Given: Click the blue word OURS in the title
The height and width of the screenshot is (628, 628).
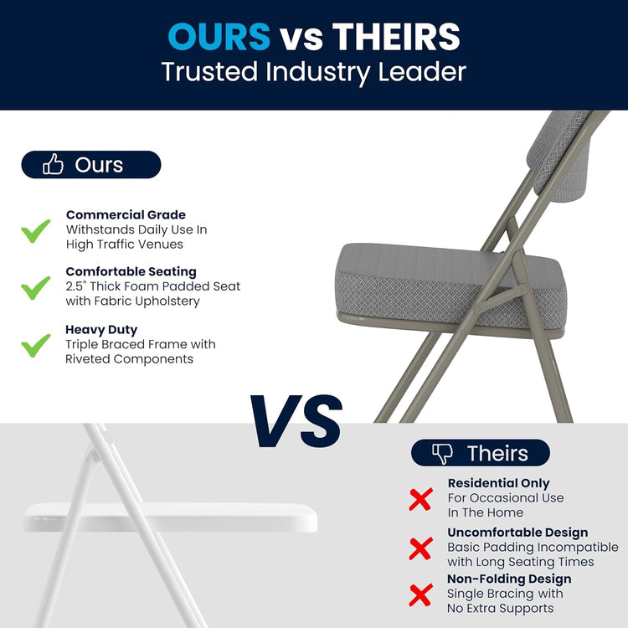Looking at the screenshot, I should click(x=219, y=36).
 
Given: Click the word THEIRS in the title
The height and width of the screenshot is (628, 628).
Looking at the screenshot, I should click(x=396, y=36).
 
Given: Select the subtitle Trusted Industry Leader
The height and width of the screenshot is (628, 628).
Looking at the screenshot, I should click(x=313, y=72).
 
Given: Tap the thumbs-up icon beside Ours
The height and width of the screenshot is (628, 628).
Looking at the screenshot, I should click(x=53, y=165).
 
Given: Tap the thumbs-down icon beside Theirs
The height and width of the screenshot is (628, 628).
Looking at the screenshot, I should click(x=441, y=454).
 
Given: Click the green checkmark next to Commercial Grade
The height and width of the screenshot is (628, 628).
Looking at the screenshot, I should click(x=36, y=230).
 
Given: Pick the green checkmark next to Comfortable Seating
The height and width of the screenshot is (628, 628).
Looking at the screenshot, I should click(x=36, y=287).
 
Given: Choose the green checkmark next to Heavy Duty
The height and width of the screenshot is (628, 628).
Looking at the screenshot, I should click(x=36, y=344).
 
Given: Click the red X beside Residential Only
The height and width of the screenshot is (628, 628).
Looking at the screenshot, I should click(x=420, y=499).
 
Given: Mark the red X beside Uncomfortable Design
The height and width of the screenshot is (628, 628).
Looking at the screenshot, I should click(x=420, y=548).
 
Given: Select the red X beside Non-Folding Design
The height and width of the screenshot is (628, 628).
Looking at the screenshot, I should click(x=420, y=595).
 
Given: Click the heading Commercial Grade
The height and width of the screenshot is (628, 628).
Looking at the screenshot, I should click(x=126, y=215).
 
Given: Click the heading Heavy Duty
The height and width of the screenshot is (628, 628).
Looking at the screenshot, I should click(x=101, y=330).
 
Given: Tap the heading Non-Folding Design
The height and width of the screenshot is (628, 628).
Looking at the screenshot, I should click(x=509, y=579).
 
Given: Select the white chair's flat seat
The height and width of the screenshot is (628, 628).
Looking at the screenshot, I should click(x=167, y=517).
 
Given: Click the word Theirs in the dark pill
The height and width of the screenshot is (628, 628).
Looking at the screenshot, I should click(x=497, y=454).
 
